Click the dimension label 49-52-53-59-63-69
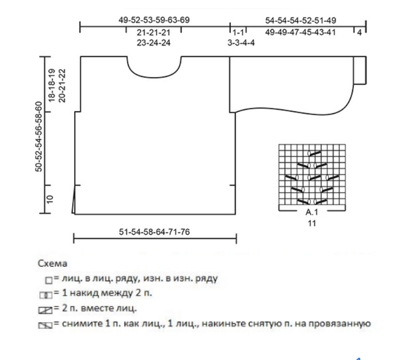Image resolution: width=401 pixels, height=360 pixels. point(154,20)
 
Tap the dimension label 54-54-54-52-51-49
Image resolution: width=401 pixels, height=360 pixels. point(300,20)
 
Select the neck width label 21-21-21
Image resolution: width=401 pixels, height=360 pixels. point(154,32)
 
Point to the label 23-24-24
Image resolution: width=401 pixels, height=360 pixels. point(154,43)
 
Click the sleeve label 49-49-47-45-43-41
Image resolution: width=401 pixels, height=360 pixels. point(300,32)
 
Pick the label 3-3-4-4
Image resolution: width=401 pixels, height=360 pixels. point(241,43)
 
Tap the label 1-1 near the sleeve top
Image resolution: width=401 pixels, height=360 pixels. point(238,32)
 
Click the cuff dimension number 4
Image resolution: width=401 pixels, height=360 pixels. point(359,33)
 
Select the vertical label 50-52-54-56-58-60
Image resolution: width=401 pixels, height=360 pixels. point(39,136)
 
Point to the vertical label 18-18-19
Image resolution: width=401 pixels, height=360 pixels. point(52,85)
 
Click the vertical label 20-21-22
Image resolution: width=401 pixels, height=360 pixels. point(62,86)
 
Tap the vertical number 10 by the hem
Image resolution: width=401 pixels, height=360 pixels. point(50,199)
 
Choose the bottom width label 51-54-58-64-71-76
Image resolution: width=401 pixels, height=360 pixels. point(154,232)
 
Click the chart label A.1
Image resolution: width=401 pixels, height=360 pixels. point(312,212)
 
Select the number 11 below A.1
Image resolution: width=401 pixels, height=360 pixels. point(312,224)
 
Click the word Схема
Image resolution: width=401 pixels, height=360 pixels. point(52,263)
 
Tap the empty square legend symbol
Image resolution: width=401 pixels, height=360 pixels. point(48,280)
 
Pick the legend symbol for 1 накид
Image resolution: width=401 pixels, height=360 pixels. point(46,295)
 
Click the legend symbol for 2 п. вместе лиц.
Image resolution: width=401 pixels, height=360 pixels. point(45,310)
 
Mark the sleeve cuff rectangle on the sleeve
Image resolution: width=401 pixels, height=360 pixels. point(360,70)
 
